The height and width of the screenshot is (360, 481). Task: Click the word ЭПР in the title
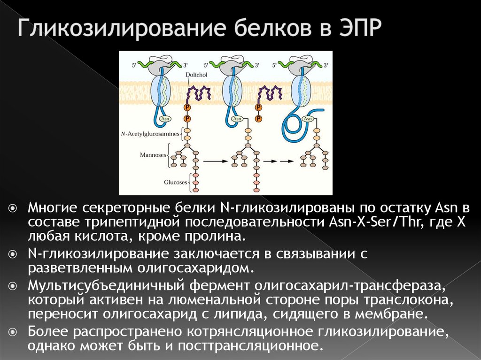tap(360, 28)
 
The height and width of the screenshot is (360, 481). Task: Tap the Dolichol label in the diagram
tap(196, 75)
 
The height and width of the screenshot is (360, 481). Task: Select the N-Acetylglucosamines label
tap(150, 134)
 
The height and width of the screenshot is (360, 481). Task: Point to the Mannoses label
tap(153, 155)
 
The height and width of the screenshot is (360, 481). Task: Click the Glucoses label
tap(176, 182)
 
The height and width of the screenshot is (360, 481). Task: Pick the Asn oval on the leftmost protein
tap(165, 119)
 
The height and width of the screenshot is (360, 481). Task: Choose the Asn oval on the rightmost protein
tap(308, 119)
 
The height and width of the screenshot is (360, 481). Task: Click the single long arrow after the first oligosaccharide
tap(216, 161)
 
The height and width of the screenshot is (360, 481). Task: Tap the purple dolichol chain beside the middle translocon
tap(270, 93)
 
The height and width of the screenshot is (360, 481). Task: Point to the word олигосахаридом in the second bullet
tap(195, 268)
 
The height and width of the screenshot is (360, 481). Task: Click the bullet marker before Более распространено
tap(13, 332)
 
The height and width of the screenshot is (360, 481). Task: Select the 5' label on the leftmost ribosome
tap(134, 65)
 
